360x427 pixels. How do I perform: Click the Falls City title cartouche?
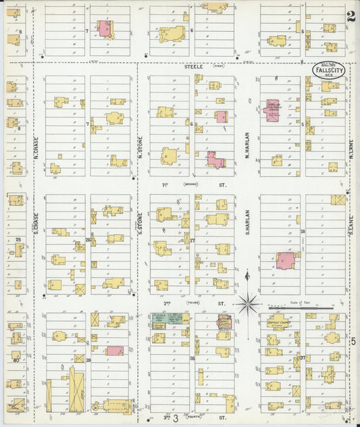pyautogui.click(x=327, y=70)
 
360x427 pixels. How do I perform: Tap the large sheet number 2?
pyautogui.click(x=351, y=17)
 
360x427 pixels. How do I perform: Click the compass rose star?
pyautogui.click(x=248, y=303)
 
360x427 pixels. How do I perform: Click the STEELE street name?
pyautogui.click(x=194, y=67)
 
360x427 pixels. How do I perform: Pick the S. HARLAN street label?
pyautogui.click(x=248, y=224)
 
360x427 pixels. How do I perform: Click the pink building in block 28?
pyautogui.click(x=285, y=260)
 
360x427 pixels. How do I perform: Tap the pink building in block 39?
pyautogui.click(x=115, y=351)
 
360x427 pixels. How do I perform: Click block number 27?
pyautogui.click(x=192, y=240)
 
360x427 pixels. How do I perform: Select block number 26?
pyautogui.click(x=88, y=240)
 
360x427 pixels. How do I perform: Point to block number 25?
pyautogui.click(x=18, y=240)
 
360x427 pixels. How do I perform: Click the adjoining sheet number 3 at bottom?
pyautogui.click(x=176, y=419)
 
